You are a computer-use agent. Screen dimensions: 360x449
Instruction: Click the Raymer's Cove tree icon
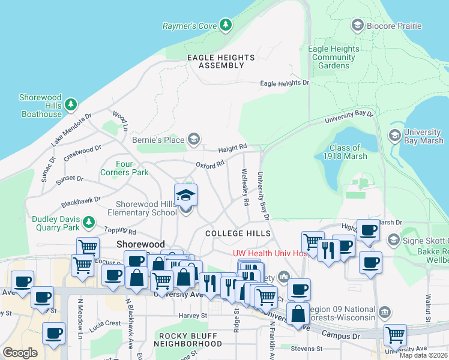click(226, 25)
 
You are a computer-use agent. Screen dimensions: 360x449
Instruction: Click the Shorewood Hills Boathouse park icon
click(71, 105)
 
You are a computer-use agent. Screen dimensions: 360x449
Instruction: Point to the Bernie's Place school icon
click(193, 140)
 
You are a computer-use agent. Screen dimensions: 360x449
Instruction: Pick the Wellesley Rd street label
click(246, 188)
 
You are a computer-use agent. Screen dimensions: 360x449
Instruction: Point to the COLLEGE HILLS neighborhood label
click(238, 233)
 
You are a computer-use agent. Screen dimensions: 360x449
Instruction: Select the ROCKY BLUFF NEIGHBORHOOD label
click(187, 340)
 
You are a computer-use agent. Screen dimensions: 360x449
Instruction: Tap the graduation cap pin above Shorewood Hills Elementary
click(186, 195)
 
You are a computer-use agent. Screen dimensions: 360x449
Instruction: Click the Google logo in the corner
click(20, 352)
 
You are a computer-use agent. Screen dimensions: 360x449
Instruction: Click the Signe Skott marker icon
click(394, 240)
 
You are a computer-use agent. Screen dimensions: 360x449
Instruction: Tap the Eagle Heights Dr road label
click(285, 83)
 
